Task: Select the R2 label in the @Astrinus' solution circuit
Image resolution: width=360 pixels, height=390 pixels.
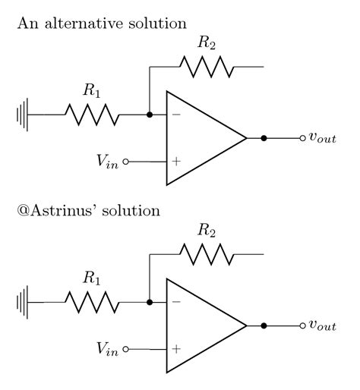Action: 207,230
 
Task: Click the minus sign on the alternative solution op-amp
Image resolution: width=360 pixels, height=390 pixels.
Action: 176,115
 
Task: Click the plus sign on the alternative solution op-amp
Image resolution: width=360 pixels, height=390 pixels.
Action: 176,162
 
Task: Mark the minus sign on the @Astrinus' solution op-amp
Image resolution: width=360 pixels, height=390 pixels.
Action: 176,303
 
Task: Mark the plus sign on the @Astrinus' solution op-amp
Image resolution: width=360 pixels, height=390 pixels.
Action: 176,349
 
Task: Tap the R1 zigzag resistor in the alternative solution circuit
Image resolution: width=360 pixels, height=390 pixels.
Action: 91,115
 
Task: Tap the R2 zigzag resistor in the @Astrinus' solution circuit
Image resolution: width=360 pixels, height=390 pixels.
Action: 207,254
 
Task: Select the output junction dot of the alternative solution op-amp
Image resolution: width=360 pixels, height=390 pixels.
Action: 264,139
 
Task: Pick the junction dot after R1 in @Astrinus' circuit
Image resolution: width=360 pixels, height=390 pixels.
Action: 150,303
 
